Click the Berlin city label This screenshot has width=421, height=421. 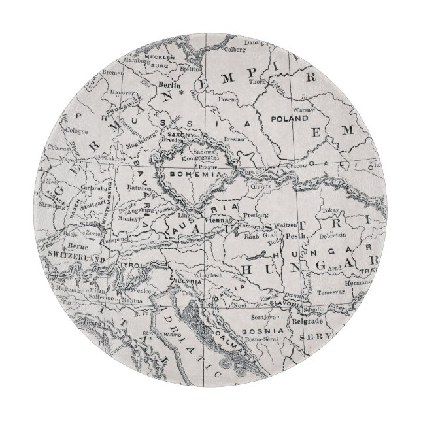[169, 85]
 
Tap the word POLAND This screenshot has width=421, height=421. [287, 120]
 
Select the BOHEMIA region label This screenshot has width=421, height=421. [188, 175]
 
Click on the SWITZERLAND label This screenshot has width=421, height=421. [76, 259]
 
